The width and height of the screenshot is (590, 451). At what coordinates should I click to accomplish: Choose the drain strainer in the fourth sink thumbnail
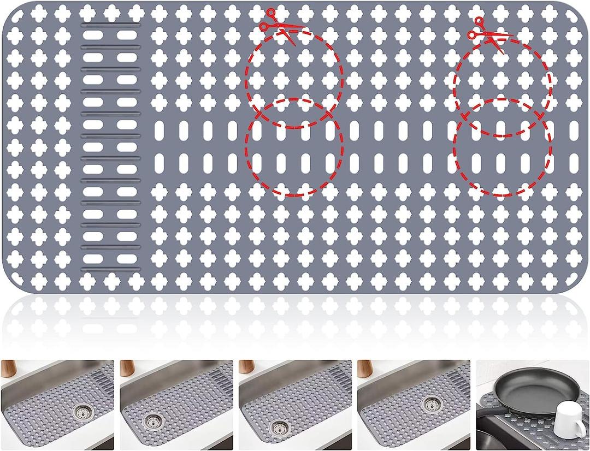[432, 404]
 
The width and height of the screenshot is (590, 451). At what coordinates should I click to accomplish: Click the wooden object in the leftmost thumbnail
[8, 369]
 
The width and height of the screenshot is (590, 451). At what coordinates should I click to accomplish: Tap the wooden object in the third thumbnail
[246, 367]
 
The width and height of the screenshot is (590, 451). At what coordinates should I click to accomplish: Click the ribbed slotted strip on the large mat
[111, 147]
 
